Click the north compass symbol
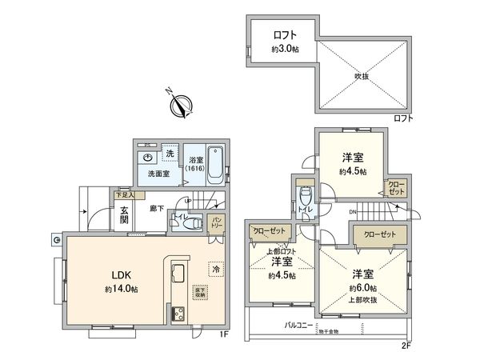[x=181, y=105]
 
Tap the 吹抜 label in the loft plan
[x=362, y=77]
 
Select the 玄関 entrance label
[x=125, y=216]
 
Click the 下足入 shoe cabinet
[x=124, y=194]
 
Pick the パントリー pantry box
[x=216, y=222]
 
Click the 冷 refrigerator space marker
[x=214, y=269]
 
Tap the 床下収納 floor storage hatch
[x=199, y=293]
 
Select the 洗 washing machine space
[x=169, y=152]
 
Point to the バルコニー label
[x=298, y=326]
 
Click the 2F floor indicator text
[x=407, y=346]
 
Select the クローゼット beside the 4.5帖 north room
[x=395, y=189]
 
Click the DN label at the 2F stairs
[x=353, y=210]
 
